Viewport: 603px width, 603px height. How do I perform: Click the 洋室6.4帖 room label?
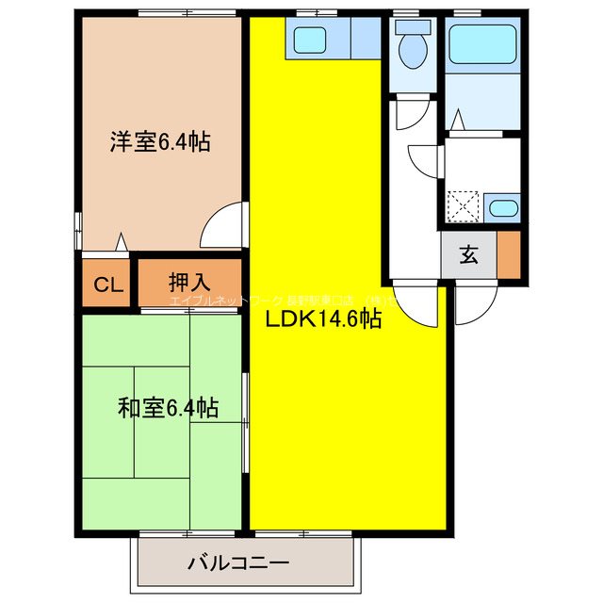(159, 142)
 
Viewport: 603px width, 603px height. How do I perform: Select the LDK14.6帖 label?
(323, 319)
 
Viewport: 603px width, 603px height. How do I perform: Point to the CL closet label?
(105, 284)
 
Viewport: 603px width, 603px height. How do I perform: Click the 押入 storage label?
(189, 281)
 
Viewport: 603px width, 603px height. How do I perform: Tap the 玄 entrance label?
(468, 254)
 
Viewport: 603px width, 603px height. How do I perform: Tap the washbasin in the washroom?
(503, 207)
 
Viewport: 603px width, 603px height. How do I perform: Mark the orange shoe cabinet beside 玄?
(509, 254)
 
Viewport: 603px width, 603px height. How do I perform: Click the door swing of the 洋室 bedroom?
(224, 226)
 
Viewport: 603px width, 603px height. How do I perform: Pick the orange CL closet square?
(105, 283)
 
